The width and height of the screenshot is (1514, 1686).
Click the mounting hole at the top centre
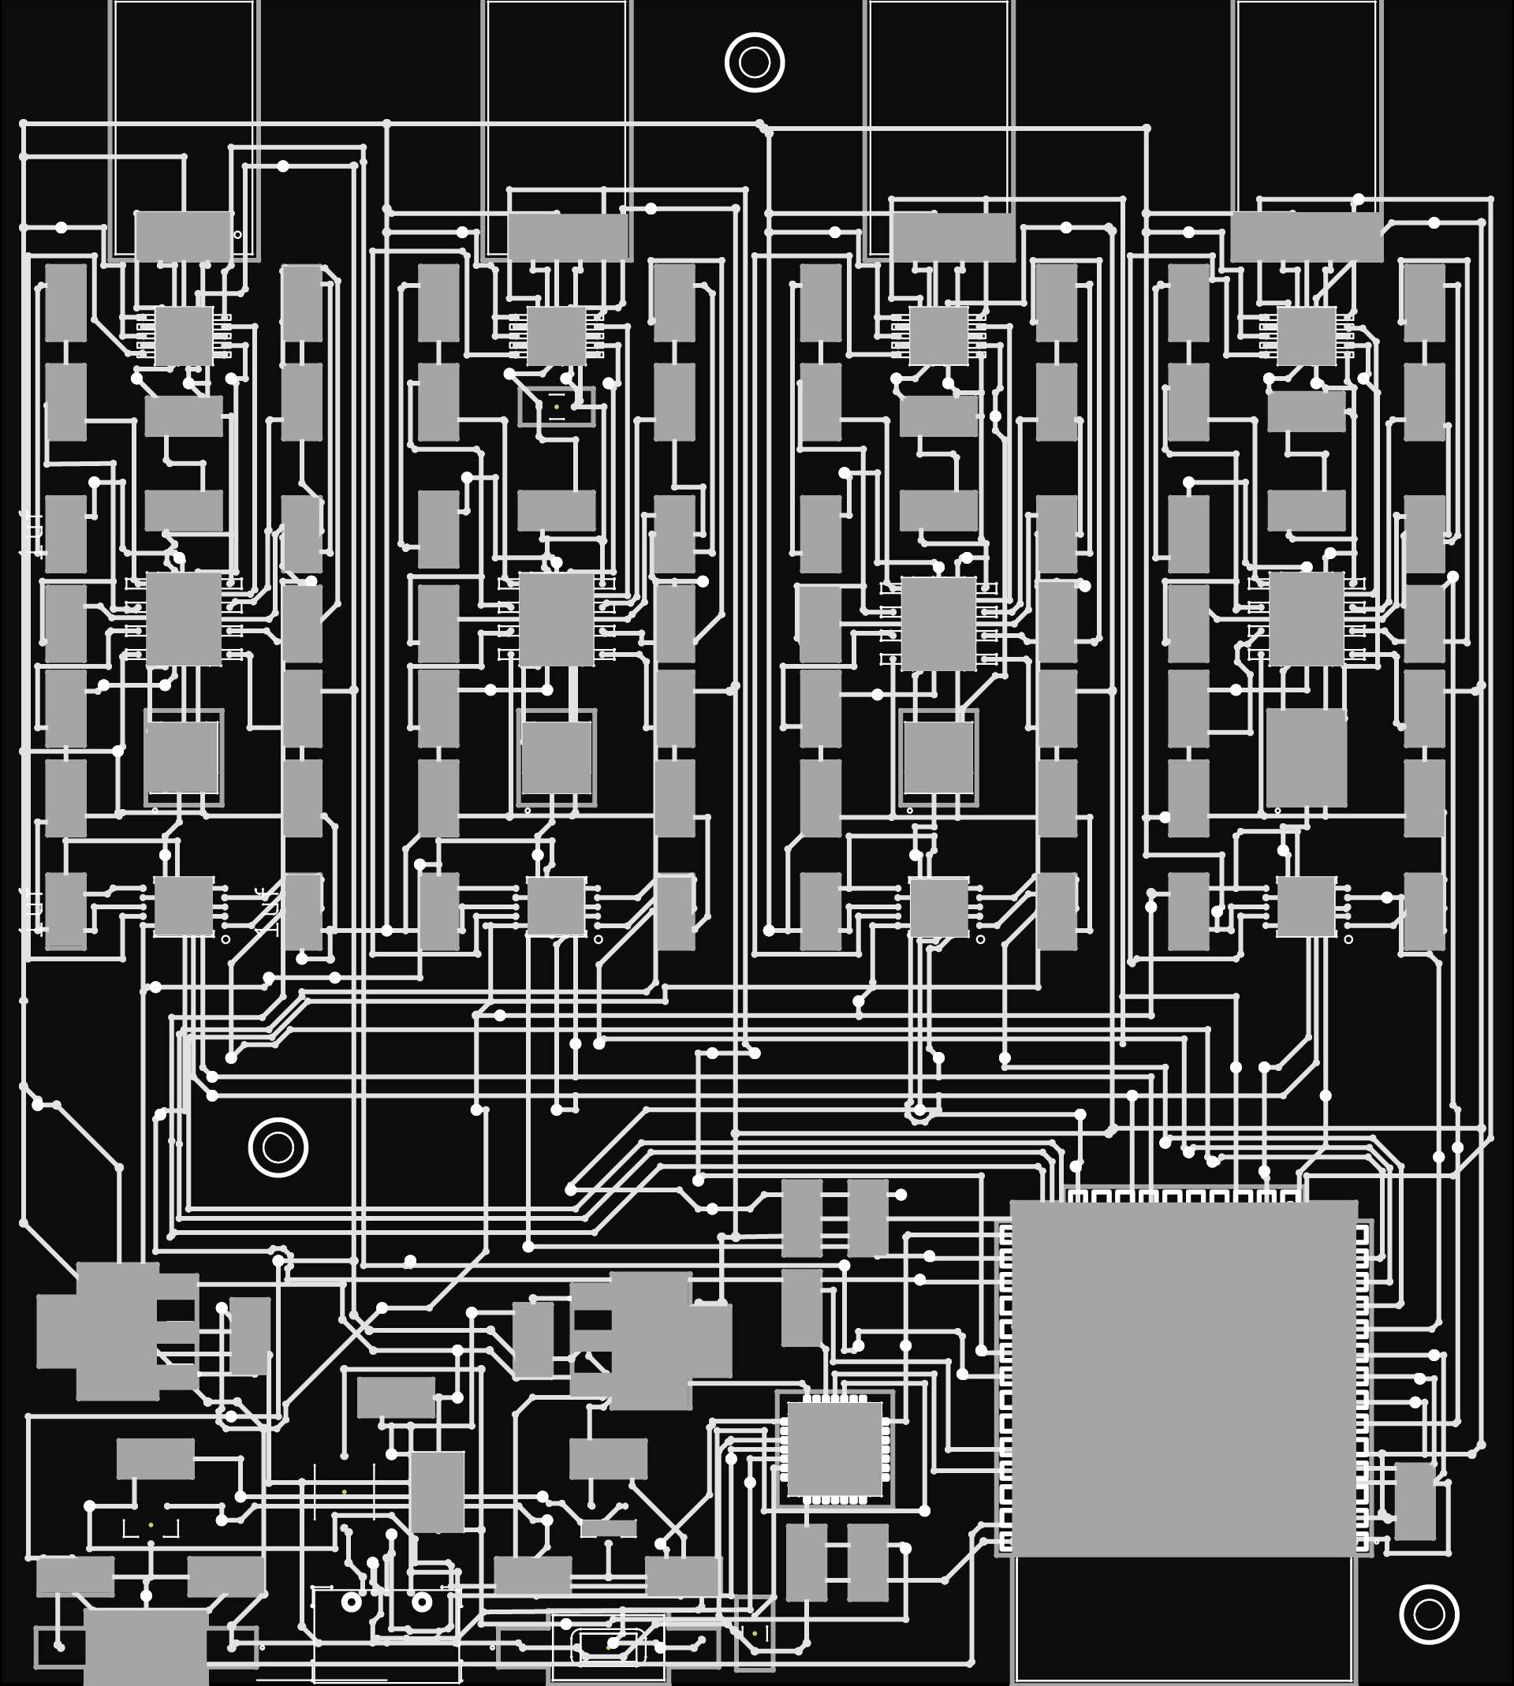pos(755,62)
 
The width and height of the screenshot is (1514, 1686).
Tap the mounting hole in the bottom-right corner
pos(1429,1614)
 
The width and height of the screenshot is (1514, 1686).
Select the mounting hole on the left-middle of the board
pos(278,1148)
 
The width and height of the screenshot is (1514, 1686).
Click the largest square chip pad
pos(1184,1378)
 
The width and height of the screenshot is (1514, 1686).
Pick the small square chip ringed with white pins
pos(834,1449)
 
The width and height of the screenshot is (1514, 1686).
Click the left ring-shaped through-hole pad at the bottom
pos(352,1601)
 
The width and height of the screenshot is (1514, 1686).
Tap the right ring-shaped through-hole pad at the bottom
pos(422,1601)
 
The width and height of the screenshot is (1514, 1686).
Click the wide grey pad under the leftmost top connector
pos(183,237)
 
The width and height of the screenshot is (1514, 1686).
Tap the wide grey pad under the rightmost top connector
pos(1306,237)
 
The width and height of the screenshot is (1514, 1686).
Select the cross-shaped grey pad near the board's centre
pos(651,1340)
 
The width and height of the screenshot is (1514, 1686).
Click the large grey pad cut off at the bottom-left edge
pos(146,1646)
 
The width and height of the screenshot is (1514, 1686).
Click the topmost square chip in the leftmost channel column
pos(183,336)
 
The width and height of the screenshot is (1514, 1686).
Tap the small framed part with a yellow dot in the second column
pos(557,407)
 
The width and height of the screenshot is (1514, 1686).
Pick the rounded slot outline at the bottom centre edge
pos(608,1646)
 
